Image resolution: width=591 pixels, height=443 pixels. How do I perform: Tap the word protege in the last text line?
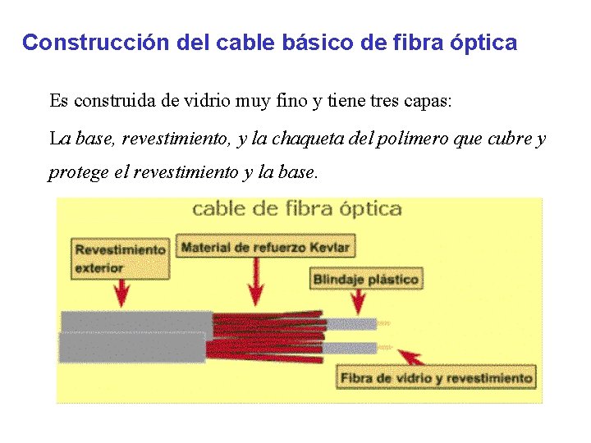tap(74, 172)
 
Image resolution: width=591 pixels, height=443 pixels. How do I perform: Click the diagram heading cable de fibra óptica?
tap(297, 209)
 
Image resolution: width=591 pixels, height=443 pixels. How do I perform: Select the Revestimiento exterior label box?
tap(120, 258)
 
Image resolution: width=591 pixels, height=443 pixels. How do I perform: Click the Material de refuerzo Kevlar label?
tap(264, 247)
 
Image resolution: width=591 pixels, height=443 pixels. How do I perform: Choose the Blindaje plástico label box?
tap(365, 280)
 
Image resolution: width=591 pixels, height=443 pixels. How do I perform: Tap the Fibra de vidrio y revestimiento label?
tap(436, 378)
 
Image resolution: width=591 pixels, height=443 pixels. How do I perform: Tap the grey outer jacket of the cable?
tap(131, 336)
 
